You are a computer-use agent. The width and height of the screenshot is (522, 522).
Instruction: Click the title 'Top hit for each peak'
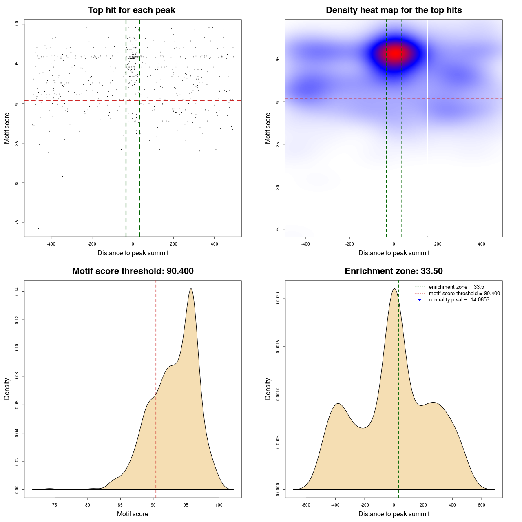[x=132, y=10]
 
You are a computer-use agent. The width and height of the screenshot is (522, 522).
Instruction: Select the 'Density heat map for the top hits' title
[x=394, y=10]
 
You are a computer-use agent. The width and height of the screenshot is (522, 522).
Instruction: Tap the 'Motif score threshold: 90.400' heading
[x=133, y=271]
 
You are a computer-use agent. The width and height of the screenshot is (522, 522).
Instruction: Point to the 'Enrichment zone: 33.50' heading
[x=394, y=271]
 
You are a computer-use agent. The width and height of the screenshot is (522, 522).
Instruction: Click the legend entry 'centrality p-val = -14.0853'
[x=459, y=300]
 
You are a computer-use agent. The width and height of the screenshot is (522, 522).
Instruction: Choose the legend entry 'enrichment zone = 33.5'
[x=456, y=287]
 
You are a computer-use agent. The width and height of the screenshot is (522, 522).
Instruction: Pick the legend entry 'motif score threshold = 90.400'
[x=464, y=293]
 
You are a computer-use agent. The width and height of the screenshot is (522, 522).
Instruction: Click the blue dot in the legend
[x=420, y=300]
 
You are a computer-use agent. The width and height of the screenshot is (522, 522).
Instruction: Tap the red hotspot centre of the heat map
[x=394, y=53]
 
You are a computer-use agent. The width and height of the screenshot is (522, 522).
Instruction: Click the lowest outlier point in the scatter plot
[x=39, y=228]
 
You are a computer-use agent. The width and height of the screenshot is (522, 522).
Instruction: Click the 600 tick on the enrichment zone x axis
[x=482, y=505]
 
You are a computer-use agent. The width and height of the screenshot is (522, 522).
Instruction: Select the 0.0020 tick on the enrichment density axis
[x=278, y=299]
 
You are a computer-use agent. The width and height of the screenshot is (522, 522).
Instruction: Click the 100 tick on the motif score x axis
[x=219, y=505]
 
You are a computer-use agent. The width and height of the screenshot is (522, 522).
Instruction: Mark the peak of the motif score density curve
[x=190, y=289]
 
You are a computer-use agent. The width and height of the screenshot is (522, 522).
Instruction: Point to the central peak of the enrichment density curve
[x=394, y=289]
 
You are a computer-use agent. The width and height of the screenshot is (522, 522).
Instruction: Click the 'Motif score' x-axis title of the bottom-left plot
[x=133, y=514]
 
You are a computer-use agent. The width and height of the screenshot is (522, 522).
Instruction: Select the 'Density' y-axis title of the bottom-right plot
[x=268, y=389]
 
